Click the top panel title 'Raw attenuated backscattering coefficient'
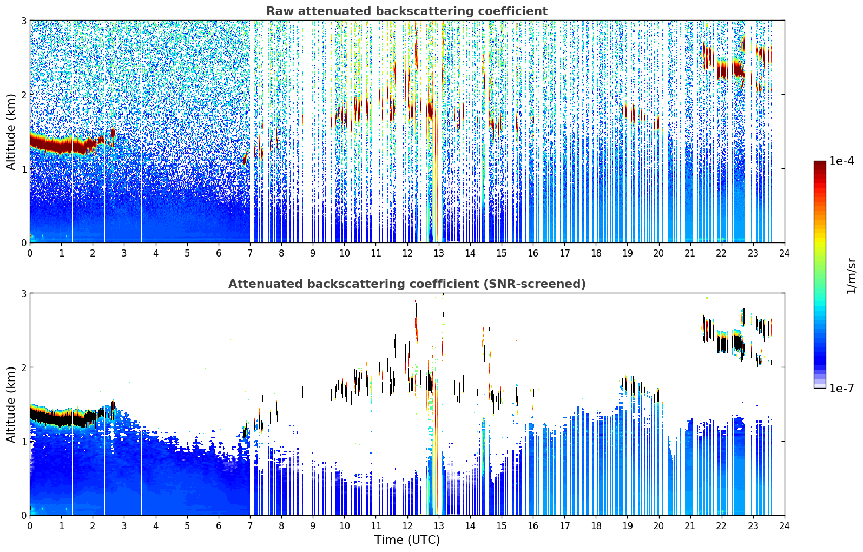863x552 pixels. point(407,11)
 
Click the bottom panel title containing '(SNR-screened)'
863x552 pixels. point(407,284)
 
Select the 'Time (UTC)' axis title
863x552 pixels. point(407,540)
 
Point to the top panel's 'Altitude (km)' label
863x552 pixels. point(11,132)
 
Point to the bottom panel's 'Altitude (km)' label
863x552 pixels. point(11,404)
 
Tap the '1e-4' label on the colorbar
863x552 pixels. point(841,161)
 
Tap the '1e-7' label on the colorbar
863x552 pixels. point(841,388)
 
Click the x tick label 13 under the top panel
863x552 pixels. point(438,253)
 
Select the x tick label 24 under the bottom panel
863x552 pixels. point(785,526)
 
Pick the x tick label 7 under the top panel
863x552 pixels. point(250,253)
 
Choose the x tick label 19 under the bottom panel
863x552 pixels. point(627,526)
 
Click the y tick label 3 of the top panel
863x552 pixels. point(23,21)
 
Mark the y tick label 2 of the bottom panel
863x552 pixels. point(23,367)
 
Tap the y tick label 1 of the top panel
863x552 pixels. point(23,169)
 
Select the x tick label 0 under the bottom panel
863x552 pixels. point(30,526)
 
